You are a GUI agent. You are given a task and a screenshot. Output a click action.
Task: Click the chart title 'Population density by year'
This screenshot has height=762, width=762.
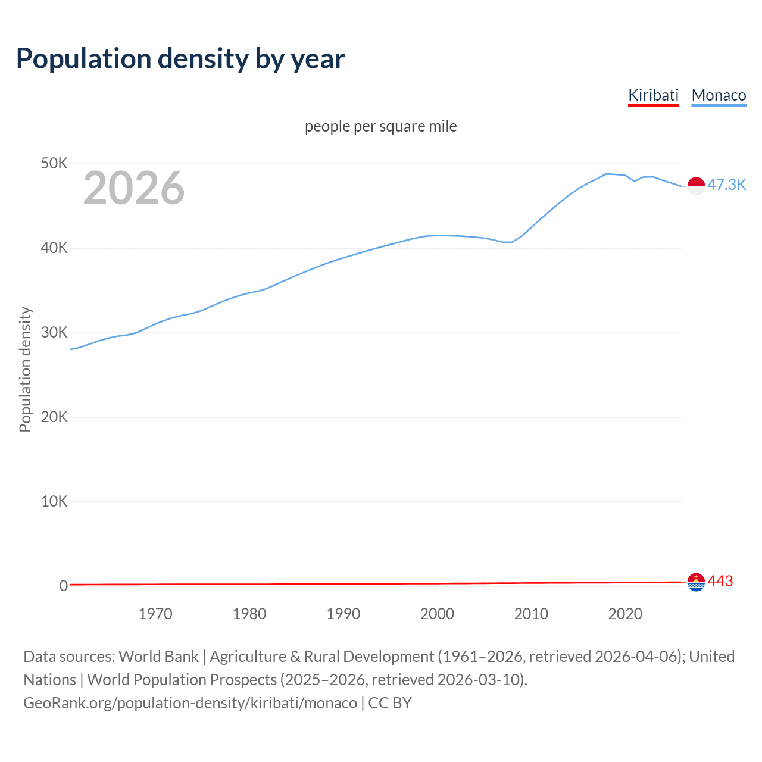click(x=180, y=59)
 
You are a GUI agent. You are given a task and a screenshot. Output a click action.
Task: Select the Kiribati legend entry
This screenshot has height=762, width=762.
click(x=653, y=95)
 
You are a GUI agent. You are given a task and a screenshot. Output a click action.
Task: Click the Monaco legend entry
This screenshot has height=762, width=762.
click(x=719, y=95)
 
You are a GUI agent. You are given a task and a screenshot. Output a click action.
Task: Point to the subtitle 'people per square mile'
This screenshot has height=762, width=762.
click(x=380, y=126)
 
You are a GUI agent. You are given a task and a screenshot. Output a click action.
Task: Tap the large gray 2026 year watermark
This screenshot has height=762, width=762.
click(x=134, y=188)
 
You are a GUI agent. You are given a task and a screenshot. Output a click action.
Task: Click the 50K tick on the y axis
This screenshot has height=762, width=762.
click(x=54, y=163)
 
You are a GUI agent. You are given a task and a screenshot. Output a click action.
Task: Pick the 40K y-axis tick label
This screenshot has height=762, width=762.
click(x=54, y=248)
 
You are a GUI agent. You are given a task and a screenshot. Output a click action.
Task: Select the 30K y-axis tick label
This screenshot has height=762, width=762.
click(x=54, y=332)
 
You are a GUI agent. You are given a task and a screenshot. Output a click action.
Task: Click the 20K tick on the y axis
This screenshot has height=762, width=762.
click(x=54, y=417)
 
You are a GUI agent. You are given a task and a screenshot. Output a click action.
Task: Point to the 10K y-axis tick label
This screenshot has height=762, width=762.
click(x=54, y=501)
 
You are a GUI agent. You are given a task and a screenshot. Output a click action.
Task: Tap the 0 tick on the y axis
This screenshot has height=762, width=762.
click(x=64, y=586)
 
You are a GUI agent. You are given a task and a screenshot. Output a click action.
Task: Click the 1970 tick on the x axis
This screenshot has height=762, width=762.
click(x=155, y=614)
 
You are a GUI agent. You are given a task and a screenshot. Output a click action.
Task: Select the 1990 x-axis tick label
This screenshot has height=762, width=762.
click(x=343, y=614)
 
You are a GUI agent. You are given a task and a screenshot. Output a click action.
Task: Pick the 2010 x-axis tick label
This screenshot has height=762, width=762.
click(x=531, y=614)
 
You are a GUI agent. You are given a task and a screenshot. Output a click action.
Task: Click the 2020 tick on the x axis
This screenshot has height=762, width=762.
click(x=625, y=614)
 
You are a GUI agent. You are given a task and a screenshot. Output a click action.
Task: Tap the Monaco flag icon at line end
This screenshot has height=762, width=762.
click(x=696, y=186)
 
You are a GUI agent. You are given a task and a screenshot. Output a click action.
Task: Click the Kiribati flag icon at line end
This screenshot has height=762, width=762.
click(x=696, y=582)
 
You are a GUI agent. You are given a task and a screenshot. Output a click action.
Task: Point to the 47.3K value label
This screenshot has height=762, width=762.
click(x=726, y=185)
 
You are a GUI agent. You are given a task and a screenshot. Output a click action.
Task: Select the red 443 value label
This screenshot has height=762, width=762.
click(x=720, y=581)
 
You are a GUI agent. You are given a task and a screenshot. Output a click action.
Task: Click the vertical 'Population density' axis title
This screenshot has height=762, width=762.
click(x=25, y=369)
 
